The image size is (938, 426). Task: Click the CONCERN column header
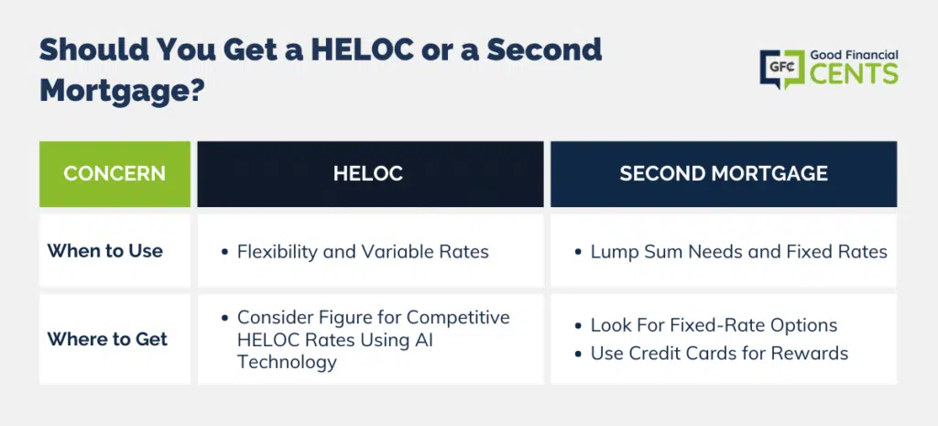click(115, 173)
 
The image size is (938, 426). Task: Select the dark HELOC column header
click(370, 173)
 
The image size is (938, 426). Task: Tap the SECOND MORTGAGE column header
click(724, 173)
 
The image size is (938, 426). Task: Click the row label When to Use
click(104, 251)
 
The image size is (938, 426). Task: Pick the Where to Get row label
click(107, 339)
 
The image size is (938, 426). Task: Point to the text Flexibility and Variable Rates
click(363, 251)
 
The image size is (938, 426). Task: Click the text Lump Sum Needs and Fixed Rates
click(739, 251)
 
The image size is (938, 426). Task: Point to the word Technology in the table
click(287, 361)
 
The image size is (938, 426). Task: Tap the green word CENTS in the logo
click(855, 73)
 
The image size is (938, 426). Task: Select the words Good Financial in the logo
click(855, 55)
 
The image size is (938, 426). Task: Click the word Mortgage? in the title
click(122, 91)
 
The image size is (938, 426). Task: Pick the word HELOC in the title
click(361, 49)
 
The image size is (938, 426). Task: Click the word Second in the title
click(543, 49)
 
